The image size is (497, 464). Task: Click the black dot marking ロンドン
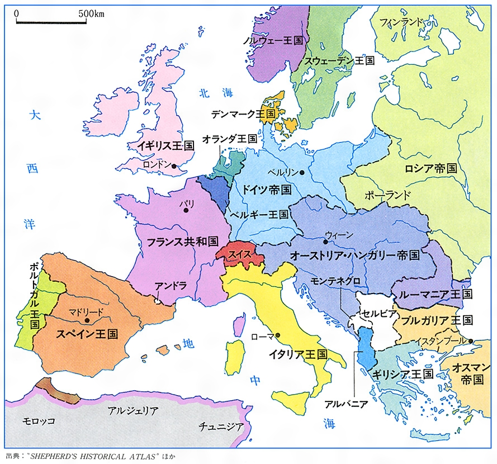(174, 166)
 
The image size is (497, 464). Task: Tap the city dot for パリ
(186, 211)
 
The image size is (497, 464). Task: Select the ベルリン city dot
(301, 173)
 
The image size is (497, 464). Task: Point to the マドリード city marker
(88, 320)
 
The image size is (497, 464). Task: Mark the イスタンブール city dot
(471, 341)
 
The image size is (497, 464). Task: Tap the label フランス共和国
(182, 242)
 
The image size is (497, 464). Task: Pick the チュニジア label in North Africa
(221, 427)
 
